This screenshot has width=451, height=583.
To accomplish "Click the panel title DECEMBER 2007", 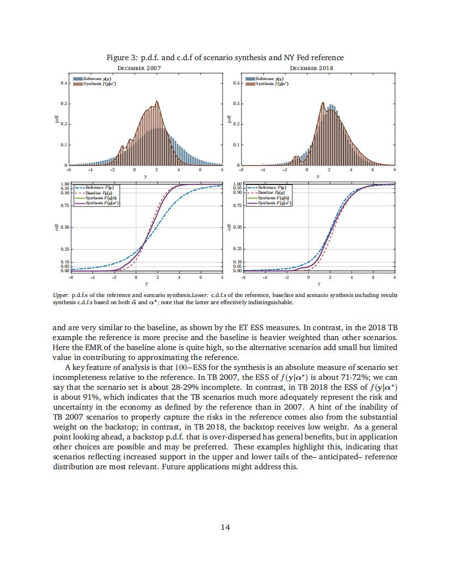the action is (x=139, y=68).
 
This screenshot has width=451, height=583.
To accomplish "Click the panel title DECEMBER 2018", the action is (x=312, y=68).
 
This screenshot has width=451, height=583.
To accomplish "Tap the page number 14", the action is (x=225, y=527).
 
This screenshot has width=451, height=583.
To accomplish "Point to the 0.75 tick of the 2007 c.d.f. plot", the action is (x=65, y=205).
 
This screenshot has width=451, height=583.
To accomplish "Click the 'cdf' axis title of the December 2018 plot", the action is (x=229, y=227).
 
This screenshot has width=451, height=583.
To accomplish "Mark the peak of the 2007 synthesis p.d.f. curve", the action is (x=157, y=101).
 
